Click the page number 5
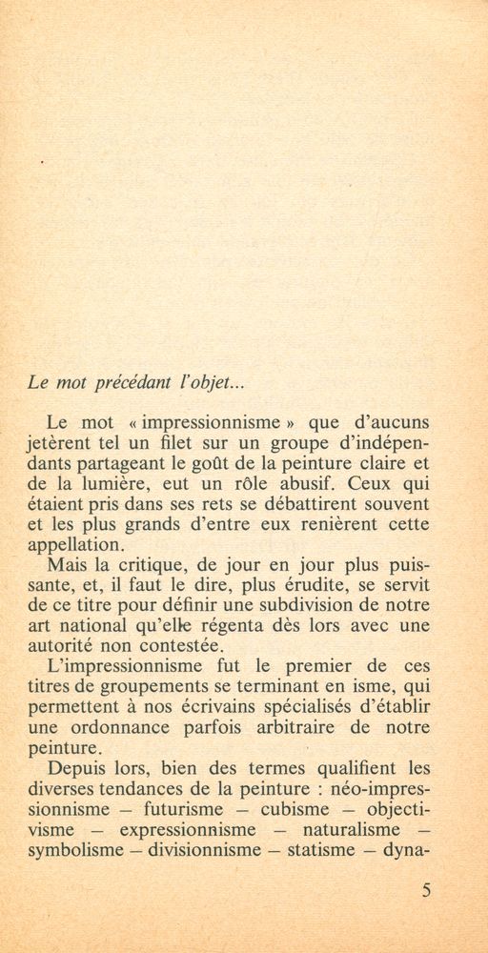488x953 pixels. tap(425, 892)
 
